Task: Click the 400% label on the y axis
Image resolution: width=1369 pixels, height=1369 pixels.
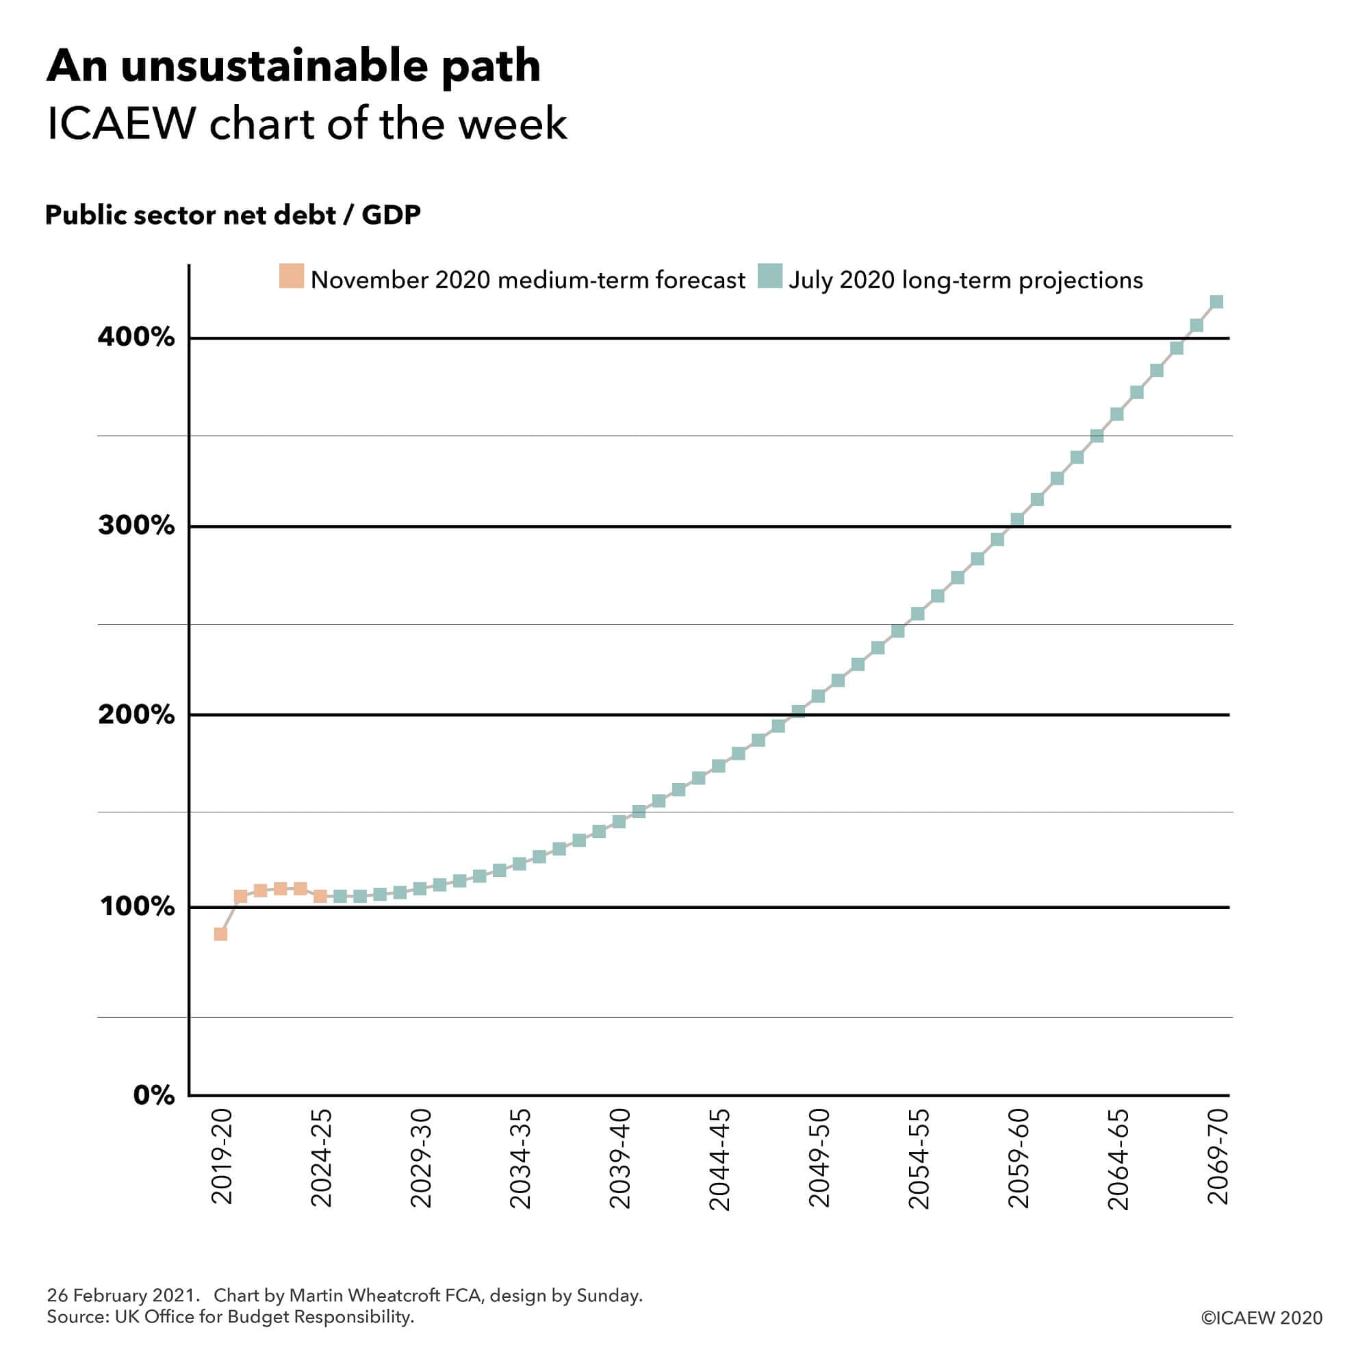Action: (136, 337)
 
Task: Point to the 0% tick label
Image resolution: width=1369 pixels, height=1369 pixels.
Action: (154, 1095)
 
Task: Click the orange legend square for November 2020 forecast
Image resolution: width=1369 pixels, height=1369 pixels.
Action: (291, 276)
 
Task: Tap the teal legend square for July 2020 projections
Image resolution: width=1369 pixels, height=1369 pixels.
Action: (769, 276)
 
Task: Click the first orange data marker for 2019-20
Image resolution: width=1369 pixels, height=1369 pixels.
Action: (220, 934)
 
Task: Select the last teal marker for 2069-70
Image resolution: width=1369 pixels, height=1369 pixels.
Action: (1216, 303)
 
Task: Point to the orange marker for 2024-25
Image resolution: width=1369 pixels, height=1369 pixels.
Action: (320, 897)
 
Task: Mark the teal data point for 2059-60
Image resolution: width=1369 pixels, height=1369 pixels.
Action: (1018, 520)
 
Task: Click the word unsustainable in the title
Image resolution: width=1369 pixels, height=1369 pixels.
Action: (274, 66)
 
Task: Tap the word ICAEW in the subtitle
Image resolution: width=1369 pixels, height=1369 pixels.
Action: (121, 124)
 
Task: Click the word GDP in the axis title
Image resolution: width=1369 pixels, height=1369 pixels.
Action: (391, 215)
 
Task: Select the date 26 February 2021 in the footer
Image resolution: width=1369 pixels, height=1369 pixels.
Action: (120, 1295)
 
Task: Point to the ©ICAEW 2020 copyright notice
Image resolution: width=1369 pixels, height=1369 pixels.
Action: (1262, 1317)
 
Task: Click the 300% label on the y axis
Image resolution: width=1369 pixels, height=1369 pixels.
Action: (136, 526)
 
